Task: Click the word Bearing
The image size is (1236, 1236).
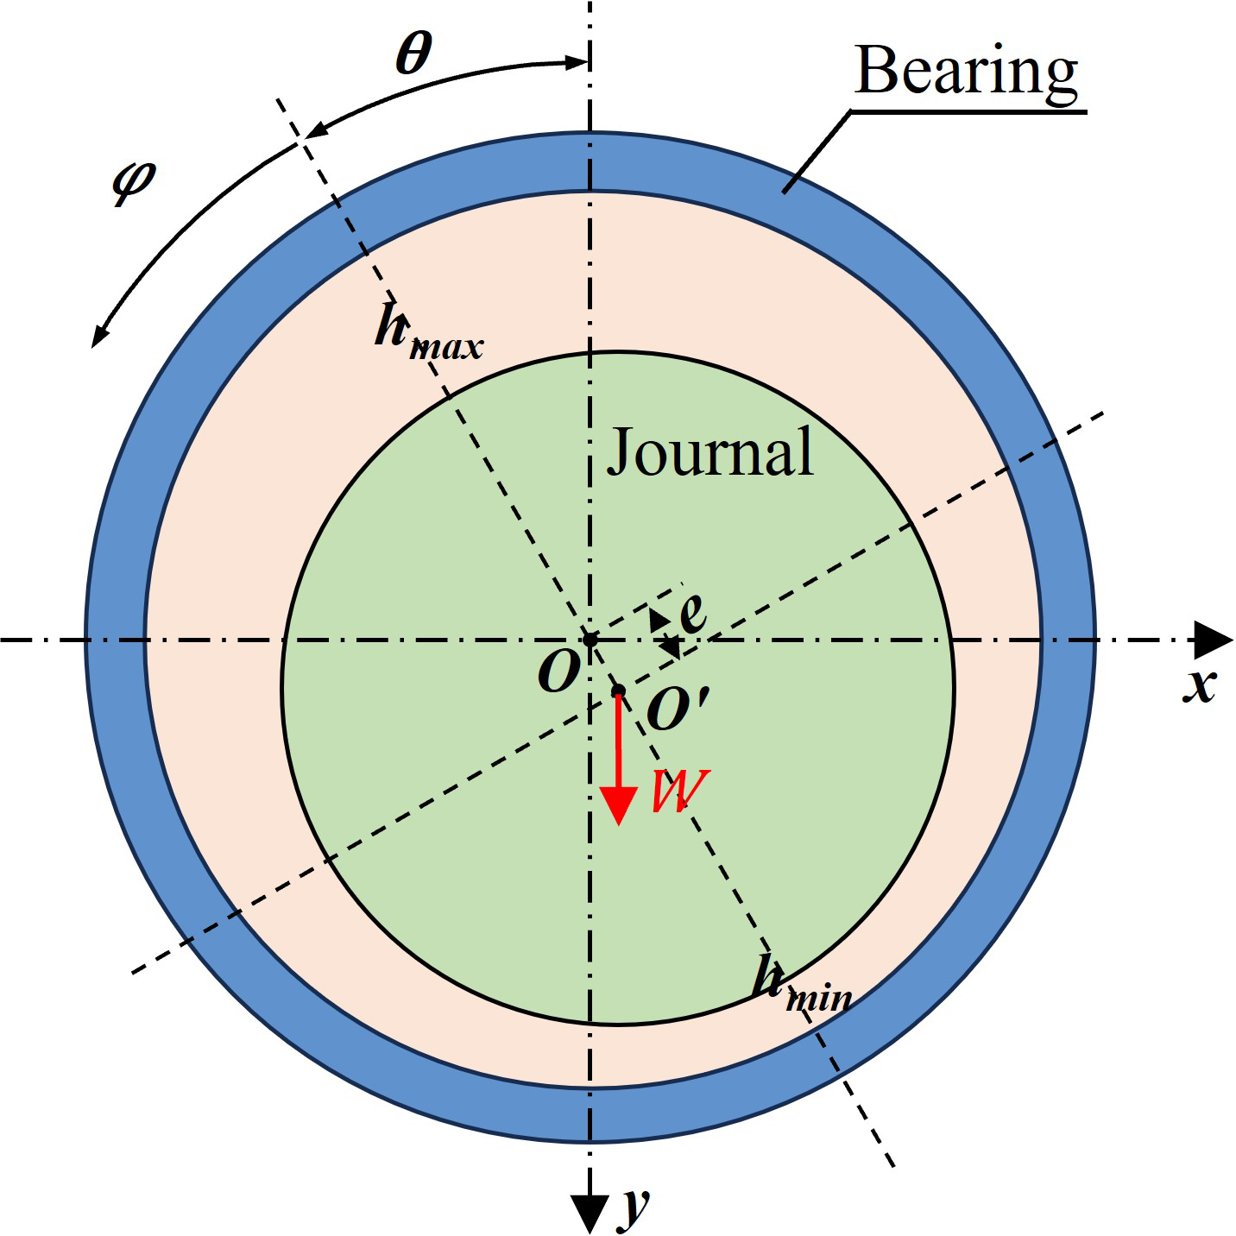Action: (x=966, y=72)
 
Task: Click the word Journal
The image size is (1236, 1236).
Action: (x=709, y=451)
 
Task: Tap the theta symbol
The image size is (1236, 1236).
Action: (x=413, y=54)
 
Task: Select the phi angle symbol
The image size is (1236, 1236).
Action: (x=134, y=181)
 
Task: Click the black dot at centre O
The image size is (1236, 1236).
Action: (x=590, y=640)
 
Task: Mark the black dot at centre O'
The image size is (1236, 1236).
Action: (x=618, y=691)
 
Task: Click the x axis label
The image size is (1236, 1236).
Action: (x=1199, y=686)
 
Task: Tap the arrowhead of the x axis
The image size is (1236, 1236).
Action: (x=1214, y=640)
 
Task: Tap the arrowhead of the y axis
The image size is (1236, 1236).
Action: (x=590, y=1214)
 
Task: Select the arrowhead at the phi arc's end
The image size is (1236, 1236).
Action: (x=99, y=337)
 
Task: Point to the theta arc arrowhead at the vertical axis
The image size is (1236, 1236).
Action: (x=577, y=62)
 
